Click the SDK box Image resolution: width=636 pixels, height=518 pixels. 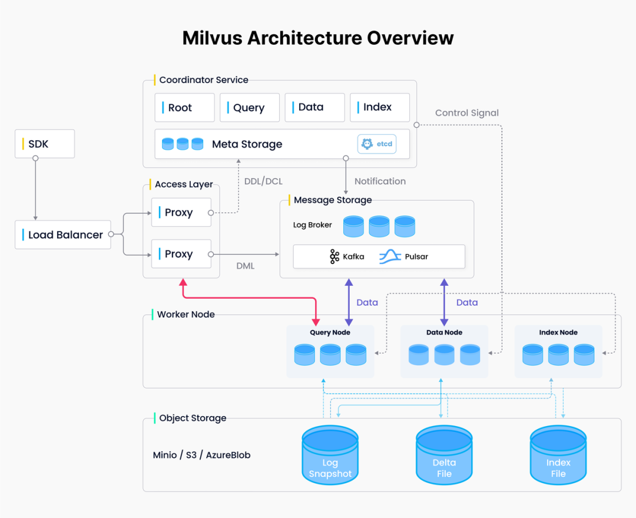tap(45, 144)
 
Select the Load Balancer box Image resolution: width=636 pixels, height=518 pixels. tap(63, 235)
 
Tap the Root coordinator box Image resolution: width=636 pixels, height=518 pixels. tap(184, 108)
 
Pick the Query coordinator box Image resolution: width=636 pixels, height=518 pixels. tap(250, 108)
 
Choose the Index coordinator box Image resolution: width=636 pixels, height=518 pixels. tap(380, 108)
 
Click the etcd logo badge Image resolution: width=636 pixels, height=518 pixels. tap(377, 144)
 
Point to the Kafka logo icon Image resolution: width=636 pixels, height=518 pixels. tap(334, 256)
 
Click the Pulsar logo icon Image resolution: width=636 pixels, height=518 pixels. tap(390, 256)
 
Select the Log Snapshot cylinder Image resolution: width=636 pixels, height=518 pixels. tap(330, 455)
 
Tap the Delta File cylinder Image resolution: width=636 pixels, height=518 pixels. tap(444, 455)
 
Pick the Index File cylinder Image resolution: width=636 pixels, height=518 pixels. tap(558, 455)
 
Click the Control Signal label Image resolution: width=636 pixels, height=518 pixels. tap(467, 113)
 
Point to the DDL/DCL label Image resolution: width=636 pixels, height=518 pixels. tap(263, 181)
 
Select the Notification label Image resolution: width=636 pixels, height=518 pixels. tap(380, 181)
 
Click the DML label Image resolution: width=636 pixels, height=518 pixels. tap(246, 266)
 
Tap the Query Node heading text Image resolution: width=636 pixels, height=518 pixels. tap(330, 332)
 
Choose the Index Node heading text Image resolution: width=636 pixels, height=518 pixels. tap(558, 332)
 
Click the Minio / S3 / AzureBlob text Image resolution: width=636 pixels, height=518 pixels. tap(201, 455)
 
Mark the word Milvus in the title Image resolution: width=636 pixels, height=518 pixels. tap(212, 38)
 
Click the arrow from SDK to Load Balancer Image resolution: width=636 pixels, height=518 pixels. tap(36, 189)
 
